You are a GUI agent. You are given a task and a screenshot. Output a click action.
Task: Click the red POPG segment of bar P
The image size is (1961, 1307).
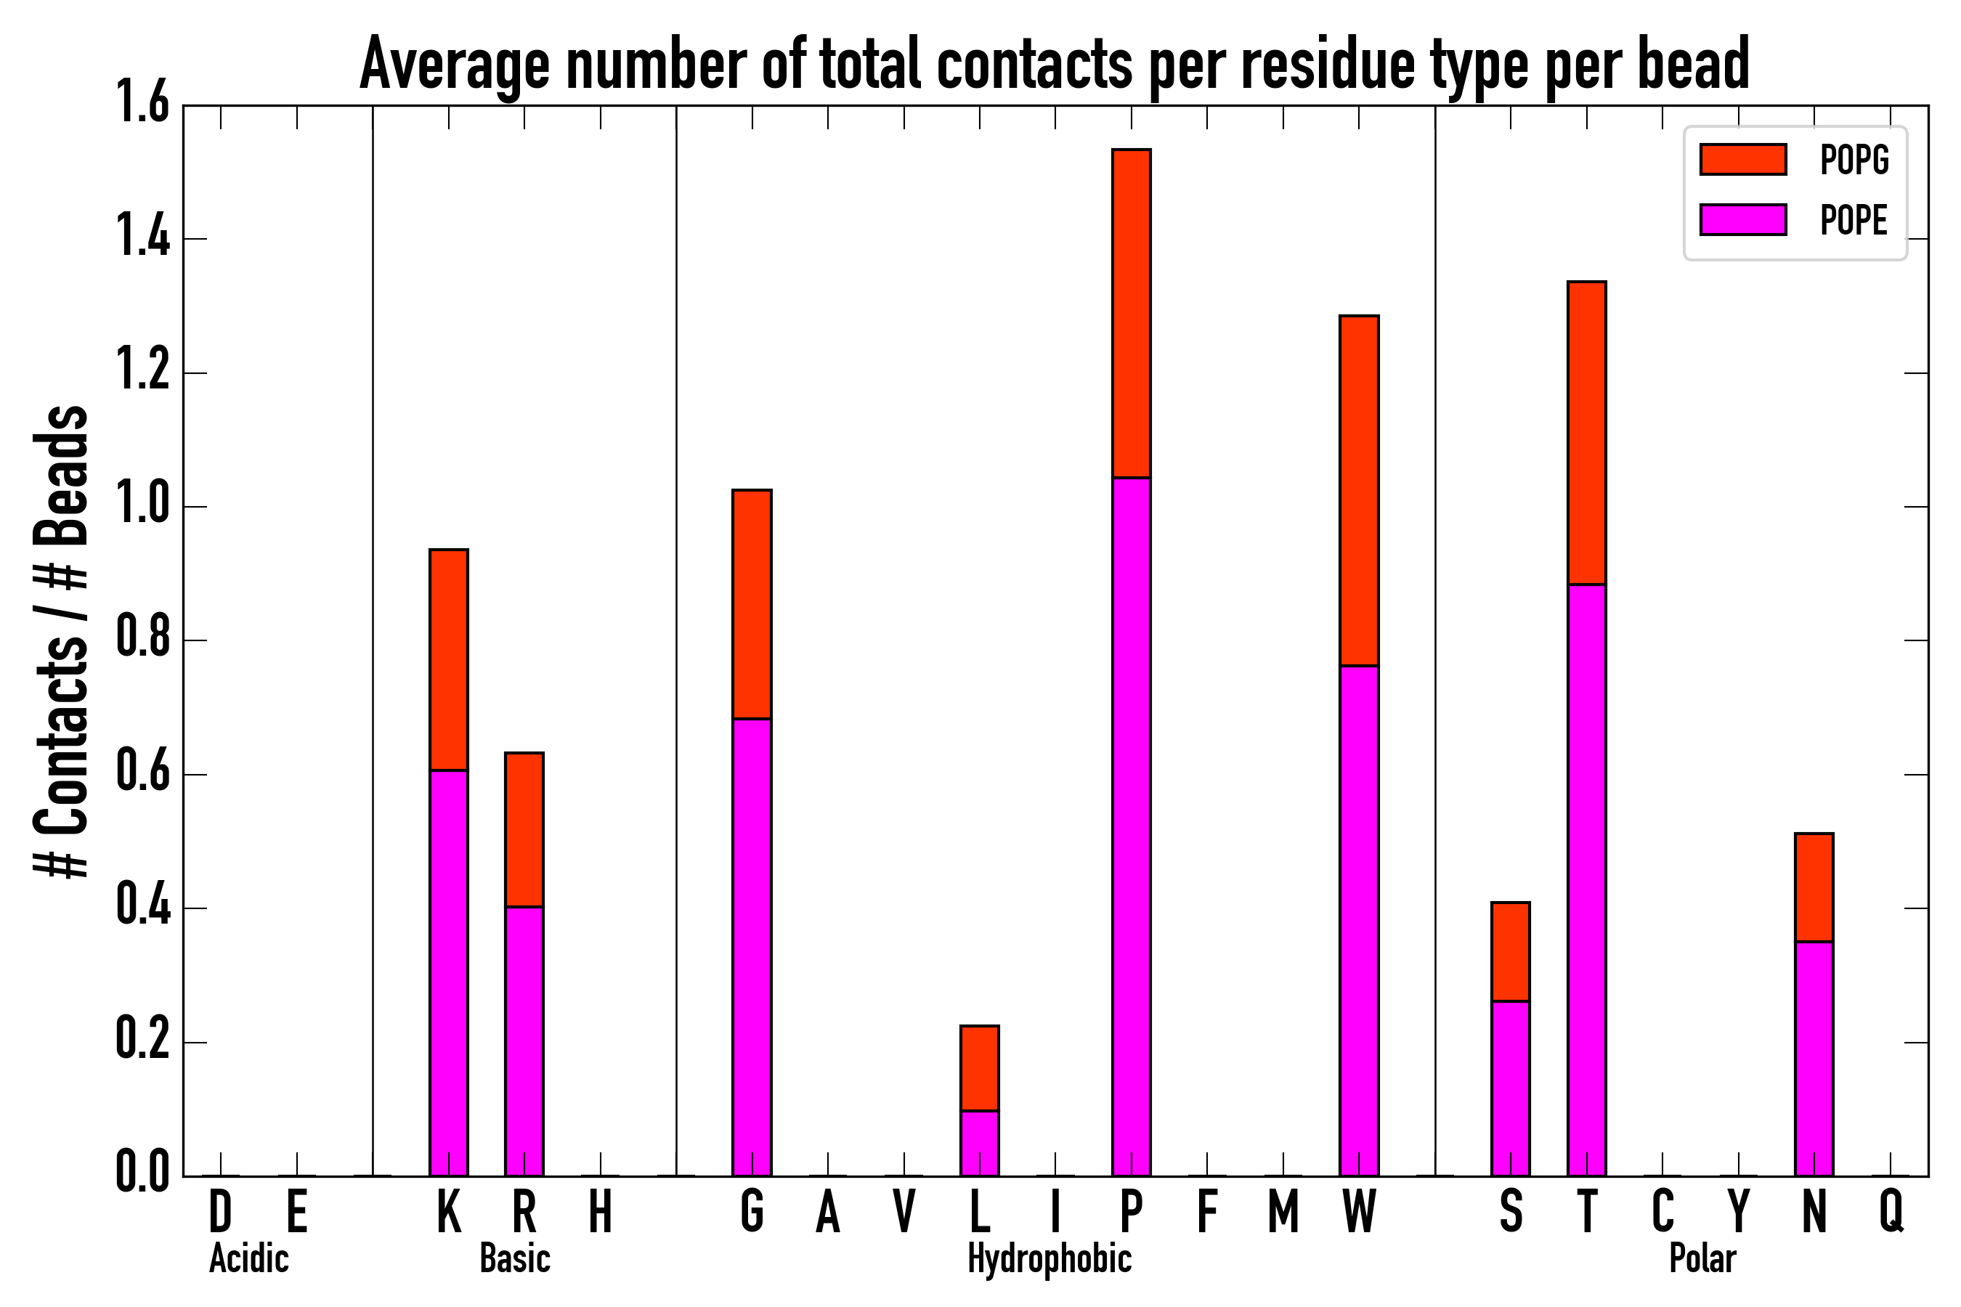tap(1132, 314)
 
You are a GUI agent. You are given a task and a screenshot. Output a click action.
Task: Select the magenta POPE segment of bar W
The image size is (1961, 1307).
tap(1359, 920)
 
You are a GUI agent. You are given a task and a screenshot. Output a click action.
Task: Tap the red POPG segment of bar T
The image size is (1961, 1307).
tap(1587, 433)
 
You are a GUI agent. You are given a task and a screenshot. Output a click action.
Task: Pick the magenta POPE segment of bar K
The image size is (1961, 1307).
tap(449, 973)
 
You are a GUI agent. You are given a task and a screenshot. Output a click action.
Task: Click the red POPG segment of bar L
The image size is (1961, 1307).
tap(980, 1068)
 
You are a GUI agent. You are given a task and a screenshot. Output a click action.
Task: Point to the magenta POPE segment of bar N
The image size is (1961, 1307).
tap(1814, 1059)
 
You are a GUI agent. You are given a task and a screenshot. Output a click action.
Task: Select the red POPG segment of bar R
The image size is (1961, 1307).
tap(524, 829)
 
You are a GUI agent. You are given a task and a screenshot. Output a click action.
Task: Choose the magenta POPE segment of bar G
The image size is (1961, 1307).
tap(752, 947)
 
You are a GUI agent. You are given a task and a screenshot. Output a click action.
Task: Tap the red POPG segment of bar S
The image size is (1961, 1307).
tap(1511, 951)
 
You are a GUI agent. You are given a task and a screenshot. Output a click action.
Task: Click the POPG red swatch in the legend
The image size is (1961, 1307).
tap(1743, 159)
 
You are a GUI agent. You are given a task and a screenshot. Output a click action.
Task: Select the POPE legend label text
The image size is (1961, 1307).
tap(1854, 220)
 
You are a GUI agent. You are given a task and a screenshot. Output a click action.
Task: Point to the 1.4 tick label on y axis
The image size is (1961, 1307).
tap(142, 238)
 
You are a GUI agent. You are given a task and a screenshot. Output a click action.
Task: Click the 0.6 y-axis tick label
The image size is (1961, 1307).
tap(142, 773)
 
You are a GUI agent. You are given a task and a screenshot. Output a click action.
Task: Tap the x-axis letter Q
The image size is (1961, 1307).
tap(1891, 1210)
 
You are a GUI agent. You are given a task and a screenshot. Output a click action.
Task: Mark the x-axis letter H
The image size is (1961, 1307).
tap(601, 1210)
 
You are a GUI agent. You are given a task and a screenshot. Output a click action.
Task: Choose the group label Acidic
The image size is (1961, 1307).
tap(248, 1258)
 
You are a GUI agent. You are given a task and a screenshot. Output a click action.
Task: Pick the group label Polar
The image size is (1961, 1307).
tap(1702, 1258)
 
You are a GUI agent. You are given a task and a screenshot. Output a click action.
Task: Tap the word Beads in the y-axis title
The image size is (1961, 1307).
tap(62, 475)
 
